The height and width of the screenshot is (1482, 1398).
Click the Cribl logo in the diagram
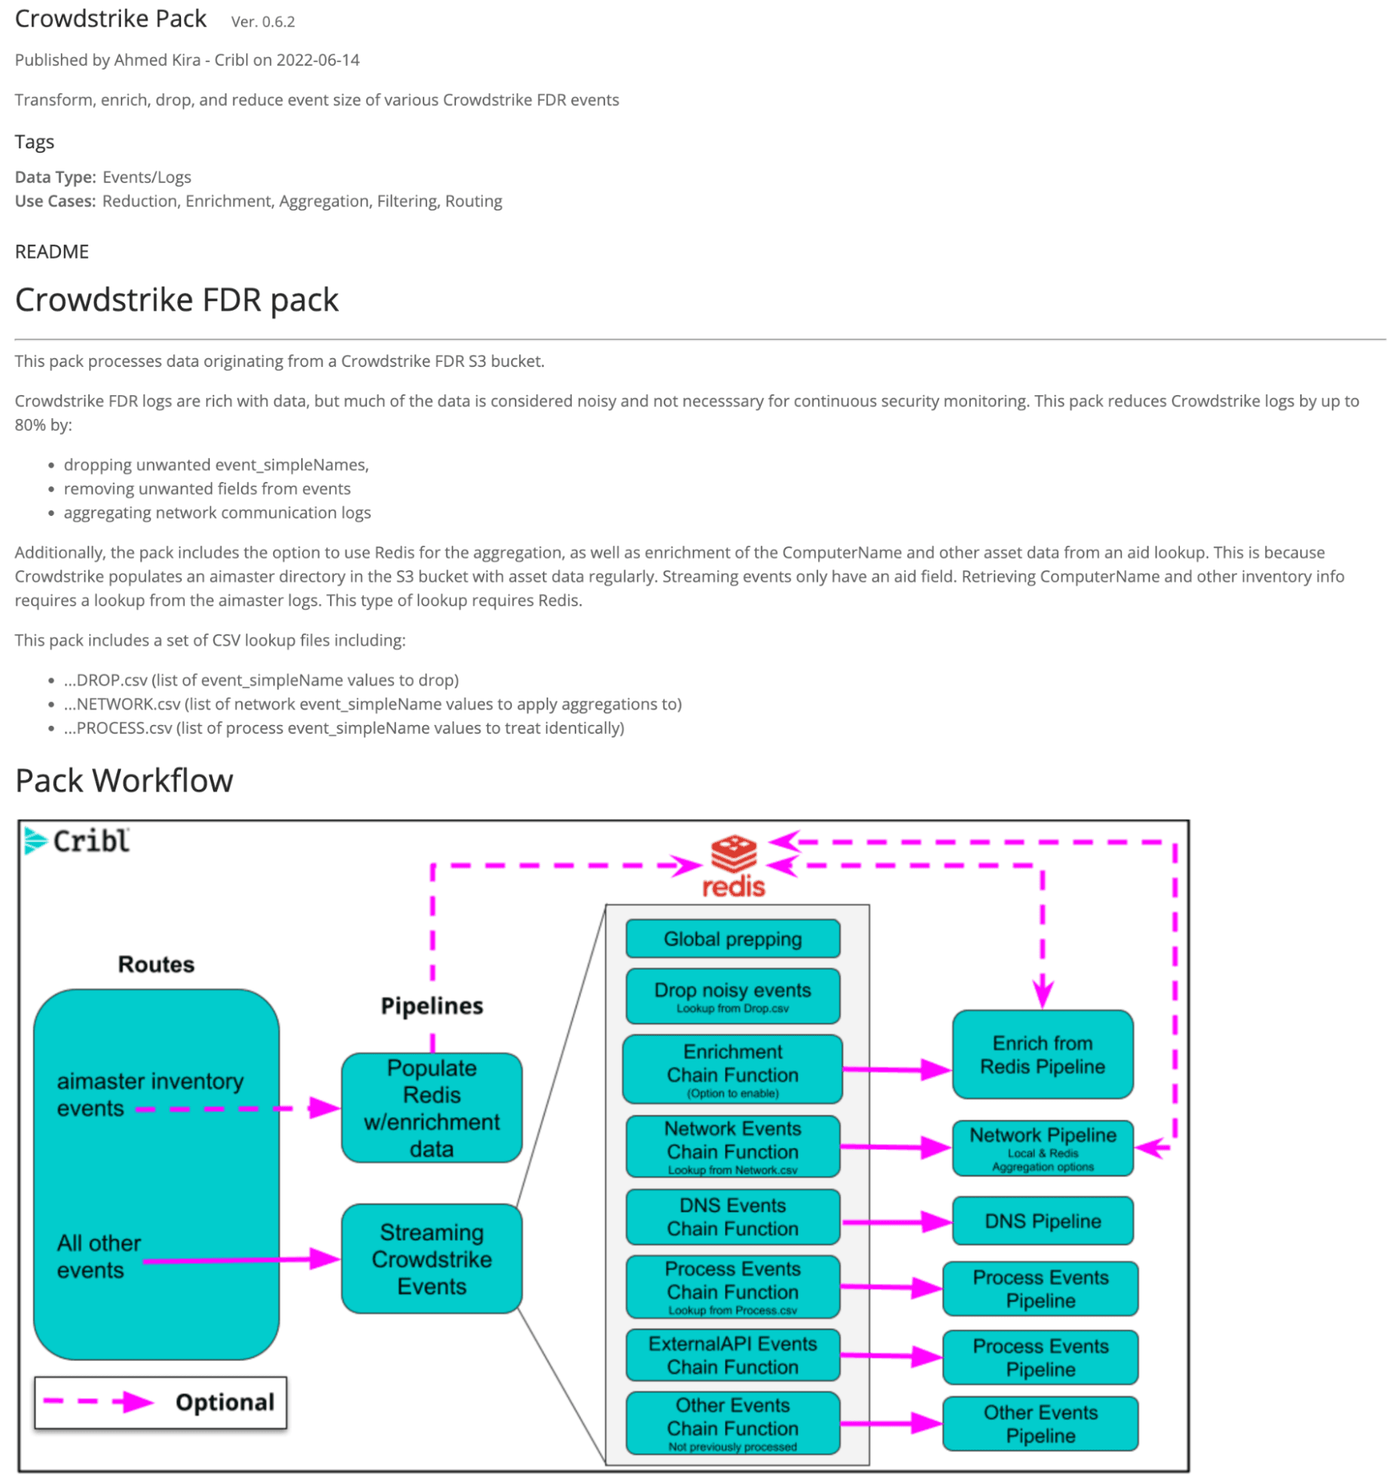[77, 841]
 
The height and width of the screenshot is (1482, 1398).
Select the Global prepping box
[732, 939]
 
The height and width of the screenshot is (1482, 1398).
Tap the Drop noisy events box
[732, 995]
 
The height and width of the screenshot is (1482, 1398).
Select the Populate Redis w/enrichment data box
[432, 1107]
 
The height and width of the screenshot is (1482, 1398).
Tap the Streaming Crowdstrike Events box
[432, 1258]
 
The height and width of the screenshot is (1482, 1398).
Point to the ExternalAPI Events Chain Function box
[732, 1354]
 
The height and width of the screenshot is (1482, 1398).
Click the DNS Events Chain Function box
[732, 1217]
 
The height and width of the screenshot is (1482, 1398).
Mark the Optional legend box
[160, 1401]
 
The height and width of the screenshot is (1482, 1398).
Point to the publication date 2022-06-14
[317, 59]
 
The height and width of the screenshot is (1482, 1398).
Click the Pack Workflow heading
[124, 781]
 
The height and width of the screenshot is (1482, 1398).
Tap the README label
[51, 251]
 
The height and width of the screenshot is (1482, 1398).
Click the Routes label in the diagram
[156, 964]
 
